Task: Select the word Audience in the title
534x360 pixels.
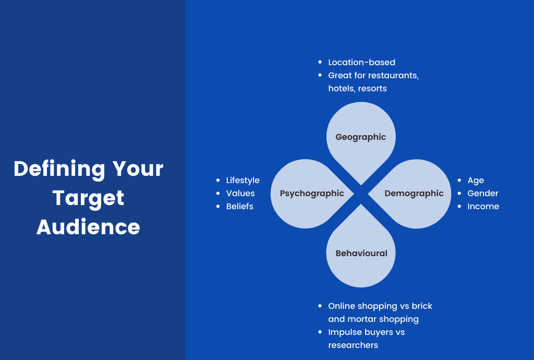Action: [x=88, y=227]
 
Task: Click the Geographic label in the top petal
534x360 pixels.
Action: [x=361, y=137]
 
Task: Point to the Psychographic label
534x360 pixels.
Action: [x=312, y=194]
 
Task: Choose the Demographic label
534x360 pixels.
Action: [x=414, y=194]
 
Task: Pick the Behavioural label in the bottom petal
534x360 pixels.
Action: [x=361, y=253]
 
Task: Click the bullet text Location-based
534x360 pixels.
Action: [x=362, y=62]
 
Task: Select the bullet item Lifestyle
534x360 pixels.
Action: [x=243, y=181]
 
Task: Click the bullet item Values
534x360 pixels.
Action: [x=240, y=194]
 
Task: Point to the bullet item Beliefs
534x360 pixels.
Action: [x=240, y=207]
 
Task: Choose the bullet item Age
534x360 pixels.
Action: [x=476, y=181]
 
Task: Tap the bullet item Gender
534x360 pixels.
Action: [x=483, y=194]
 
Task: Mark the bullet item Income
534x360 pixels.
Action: [x=483, y=207]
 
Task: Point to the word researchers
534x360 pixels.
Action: [x=353, y=345]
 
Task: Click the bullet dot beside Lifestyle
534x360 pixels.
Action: [x=218, y=180]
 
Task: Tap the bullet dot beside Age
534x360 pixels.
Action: [x=459, y=180]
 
